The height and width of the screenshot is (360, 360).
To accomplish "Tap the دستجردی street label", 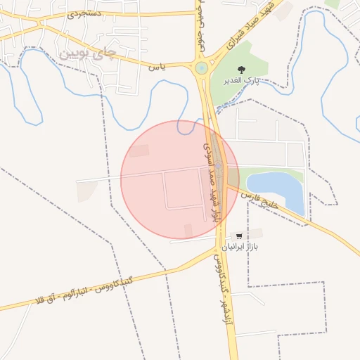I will pyautogui.click(x=84, y=13).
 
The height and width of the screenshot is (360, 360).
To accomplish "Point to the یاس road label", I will pyautogui.click(x=157, y=67).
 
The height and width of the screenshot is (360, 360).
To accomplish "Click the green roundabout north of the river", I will pyautogui.click(x=202, y=68).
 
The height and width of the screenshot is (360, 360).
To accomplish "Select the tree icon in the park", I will pyautogui.click(x=241, y=69).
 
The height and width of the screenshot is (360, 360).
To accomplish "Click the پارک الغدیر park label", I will pyautogui.click(x=242, y=81).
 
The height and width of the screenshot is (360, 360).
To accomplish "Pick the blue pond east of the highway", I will pyautogui.click(x=278, y=191).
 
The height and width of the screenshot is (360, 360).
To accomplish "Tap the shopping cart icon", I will pyautogui.click(x=240, y=236).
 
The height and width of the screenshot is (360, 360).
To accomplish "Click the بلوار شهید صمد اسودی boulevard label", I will pyautogui.click(x=211, y=181).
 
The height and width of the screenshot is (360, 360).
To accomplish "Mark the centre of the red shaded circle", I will pyautogui.click(x=180, y=180).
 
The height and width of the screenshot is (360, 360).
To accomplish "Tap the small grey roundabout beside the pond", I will pyautogui.click(x=220, y=167).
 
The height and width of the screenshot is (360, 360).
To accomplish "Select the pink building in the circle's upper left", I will pyautogui.click(x=139, y=150).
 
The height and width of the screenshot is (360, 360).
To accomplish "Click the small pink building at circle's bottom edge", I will pyautogui.click(x=188, y=231).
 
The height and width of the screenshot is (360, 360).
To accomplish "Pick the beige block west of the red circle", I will pyautogui.click(x=87, y=191).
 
